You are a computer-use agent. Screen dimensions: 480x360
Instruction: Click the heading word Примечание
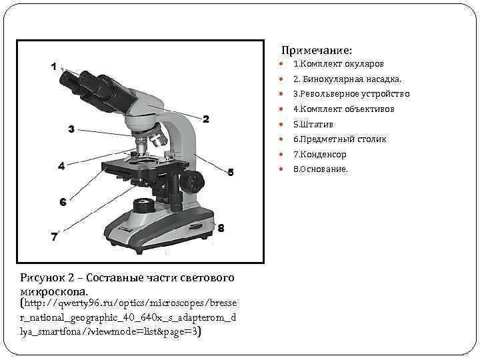[316, 51]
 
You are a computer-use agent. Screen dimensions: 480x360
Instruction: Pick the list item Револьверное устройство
[351, 94]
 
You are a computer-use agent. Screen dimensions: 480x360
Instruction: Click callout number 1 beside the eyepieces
[53, 66]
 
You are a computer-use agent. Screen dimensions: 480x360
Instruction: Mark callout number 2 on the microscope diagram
[206, 119]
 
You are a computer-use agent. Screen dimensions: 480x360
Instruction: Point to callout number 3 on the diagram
[71, 129]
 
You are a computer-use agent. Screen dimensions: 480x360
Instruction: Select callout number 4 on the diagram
[61, 166]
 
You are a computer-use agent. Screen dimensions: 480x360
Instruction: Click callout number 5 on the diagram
[231, 172]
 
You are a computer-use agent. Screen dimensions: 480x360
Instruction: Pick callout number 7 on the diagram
[55, 235]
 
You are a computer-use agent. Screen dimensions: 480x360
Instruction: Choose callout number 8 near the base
[221, 228]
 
